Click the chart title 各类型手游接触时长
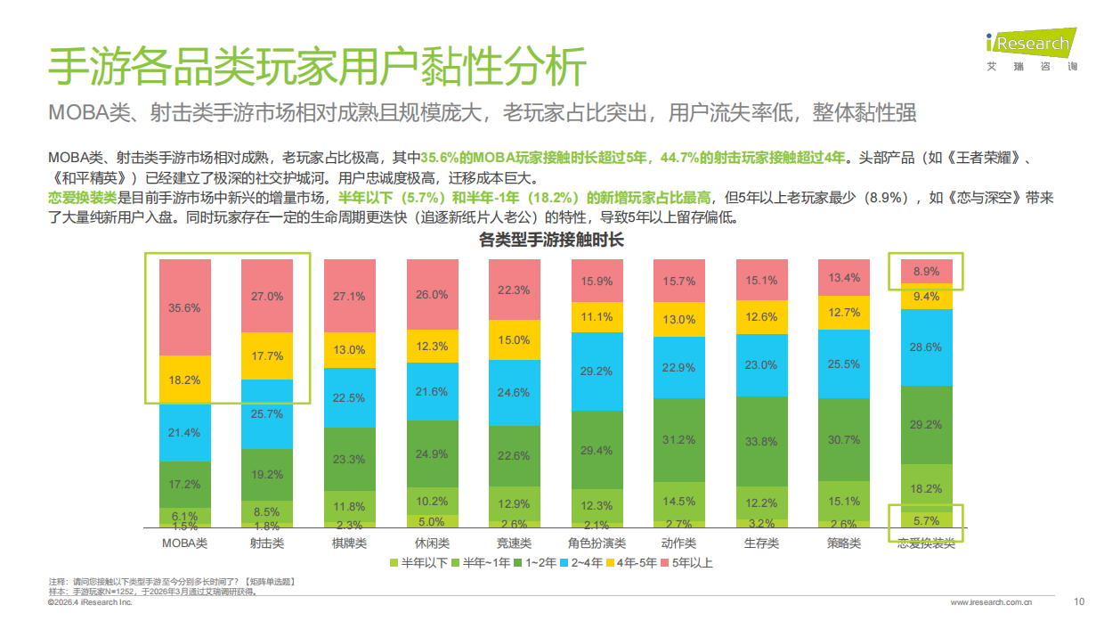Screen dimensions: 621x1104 click(551, 240)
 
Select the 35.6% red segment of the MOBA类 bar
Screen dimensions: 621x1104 click(185, 307)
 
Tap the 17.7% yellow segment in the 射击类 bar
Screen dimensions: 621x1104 click(267, 355)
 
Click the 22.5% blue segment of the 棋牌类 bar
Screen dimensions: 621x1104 click(349, 397)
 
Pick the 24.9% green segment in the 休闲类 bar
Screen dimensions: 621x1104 click(432, 453)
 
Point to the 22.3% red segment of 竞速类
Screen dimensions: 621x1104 click(514, 290)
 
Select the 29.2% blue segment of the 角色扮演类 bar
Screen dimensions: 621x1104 click(597, 371)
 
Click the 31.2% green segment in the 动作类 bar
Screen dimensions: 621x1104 click(678, 439)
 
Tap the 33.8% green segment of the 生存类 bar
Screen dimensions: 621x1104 click(761, 440)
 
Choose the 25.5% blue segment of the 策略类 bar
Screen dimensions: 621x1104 click(843, 364)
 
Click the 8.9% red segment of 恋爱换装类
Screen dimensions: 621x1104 click(926, 271)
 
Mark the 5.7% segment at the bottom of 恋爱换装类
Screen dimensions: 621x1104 click(926, 520)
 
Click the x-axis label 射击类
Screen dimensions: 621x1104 click(267, 543)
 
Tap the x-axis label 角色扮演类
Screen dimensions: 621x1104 click(597, 543)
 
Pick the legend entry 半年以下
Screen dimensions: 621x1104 click(418, 563)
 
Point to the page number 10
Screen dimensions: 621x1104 click(1079, 601)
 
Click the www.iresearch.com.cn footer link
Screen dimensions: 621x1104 click(991, 603)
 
